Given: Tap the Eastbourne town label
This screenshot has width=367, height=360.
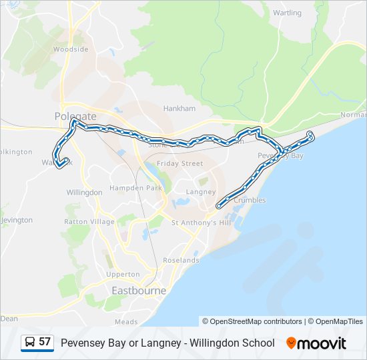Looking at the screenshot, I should click(x=139, y=291).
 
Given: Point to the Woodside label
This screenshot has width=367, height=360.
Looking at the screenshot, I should click(x=71, y=49).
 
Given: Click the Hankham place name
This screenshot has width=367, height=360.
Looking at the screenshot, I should click(x=179, y=108).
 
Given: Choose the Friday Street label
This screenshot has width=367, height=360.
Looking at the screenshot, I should click(x=179, y=163).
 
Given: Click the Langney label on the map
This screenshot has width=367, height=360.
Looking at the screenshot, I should click(x=200, y=192).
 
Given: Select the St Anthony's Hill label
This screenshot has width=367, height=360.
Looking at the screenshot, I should click(x=200, y=223).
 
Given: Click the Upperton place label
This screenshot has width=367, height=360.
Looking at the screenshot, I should click(x=123, y=274).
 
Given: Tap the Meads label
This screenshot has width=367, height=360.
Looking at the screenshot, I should click(x=126, y=321).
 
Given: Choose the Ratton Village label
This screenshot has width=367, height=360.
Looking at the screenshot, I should click(x=89, y=221).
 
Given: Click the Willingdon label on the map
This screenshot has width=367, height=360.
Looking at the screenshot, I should click(x=85, y=192).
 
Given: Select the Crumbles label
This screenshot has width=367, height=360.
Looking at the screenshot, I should click(x=250, y=200).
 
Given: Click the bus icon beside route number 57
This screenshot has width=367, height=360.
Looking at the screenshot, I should click(x=30, y=342).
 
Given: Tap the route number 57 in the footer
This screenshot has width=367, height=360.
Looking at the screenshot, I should click(x=45, y=342).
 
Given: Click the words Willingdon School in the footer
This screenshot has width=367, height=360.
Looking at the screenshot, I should click(x=232, y=343).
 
